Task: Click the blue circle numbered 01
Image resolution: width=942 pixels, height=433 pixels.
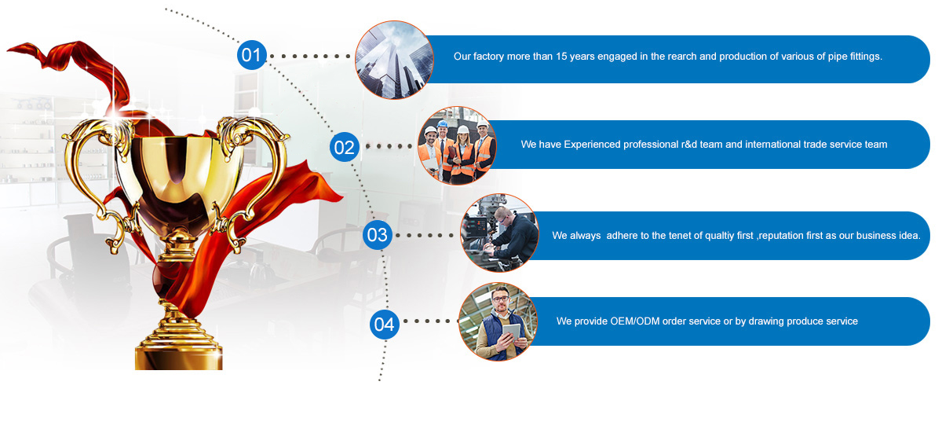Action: click(x=251, y=55)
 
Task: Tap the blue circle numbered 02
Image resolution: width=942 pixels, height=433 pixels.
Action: click(x=345, y=147)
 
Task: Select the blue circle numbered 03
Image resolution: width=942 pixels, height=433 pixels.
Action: click(x=378, y=235)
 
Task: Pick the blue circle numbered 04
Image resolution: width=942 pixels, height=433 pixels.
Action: click(x=385, y=325)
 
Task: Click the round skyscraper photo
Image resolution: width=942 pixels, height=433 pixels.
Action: click(x=394, y=61)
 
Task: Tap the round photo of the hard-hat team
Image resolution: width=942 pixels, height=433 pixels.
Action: click(x=457, y=145)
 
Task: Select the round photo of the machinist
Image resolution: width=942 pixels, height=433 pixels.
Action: click(x=499, y=233)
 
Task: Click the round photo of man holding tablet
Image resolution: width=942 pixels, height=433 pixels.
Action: click(x=498, y=321)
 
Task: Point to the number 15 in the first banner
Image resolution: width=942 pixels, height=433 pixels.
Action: click(x=561, y=57)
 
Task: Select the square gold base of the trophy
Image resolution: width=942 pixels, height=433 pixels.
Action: click(x=179, y=358)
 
